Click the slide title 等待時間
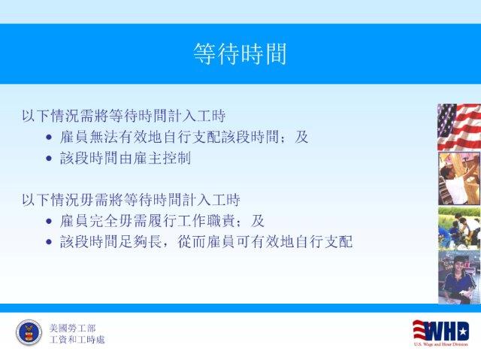click(x=240, y=54)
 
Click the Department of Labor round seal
click(x=29, y=333)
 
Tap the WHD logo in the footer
click(x=441, y=333)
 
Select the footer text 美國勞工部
click(x=72, y=328)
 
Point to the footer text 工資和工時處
click(x=77, y=340)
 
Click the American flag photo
click(x=459, y=127)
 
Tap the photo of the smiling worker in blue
click(x=459, y=277)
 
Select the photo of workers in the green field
click(x=459, y=228)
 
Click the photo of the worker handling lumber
click(x=459, y=179)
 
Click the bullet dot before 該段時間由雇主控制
click(x=49, y=159)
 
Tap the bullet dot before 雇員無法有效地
click(x=49, y=137)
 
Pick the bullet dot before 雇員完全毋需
click(x=49, y=221)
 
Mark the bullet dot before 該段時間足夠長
click(x=49, y=242)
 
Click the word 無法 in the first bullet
click(x=104, y=137)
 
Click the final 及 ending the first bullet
click(x=301, y=137)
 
